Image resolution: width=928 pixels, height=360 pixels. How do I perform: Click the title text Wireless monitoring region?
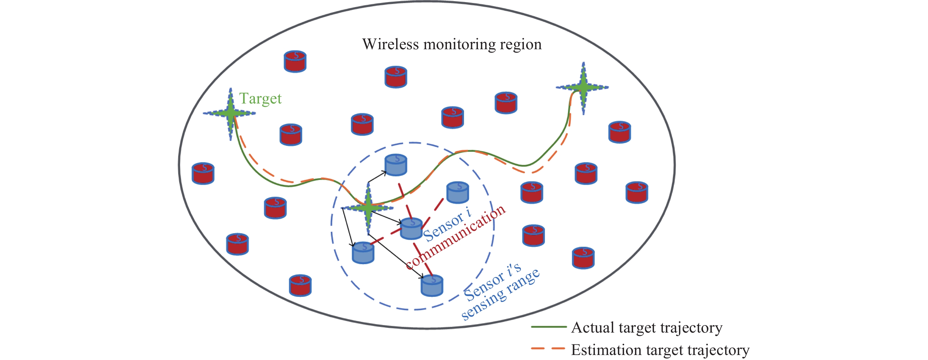pyautogui.click(x=452, y=44)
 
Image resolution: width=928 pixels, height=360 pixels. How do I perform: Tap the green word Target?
pyautogui.click(x=260, y=98)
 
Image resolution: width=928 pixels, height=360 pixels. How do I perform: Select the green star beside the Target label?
pyautogui.click(x=230, y=114)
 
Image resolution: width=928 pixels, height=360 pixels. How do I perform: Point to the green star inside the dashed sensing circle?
pyautogui.click(x=368, y=208)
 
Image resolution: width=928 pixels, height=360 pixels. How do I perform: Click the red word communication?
pyautogui.click(x=456, y=237)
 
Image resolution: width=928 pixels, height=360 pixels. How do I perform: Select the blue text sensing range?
pyautogui.click(x=501, y=295)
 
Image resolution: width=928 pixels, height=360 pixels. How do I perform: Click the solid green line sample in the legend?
pyautogui.click(x=548, y=327)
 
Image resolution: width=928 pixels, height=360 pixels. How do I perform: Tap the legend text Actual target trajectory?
pyautogui.click(x=647, y=328)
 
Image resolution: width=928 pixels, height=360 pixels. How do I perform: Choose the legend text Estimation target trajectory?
pyautogui.click(x=660, y=350)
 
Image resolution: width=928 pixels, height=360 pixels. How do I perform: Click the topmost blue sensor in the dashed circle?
pyautogui.click(x=396, y=165)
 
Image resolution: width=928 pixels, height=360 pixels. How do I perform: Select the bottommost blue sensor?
pyautogui.click(x=432, y=285)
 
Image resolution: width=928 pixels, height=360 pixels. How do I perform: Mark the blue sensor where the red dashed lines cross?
pyautogui.click(x=411, y=229)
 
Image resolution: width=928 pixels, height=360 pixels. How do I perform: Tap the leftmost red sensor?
pyautogui.click(x=203, y=173)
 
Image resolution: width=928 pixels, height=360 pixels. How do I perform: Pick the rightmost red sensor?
pyautogui.click(x=637, y=193)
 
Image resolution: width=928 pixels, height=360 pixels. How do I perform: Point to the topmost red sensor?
pyautogui.click(x=295, y=61)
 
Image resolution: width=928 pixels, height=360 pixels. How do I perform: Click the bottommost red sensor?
pyautogui.click(x=300, y=285)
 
